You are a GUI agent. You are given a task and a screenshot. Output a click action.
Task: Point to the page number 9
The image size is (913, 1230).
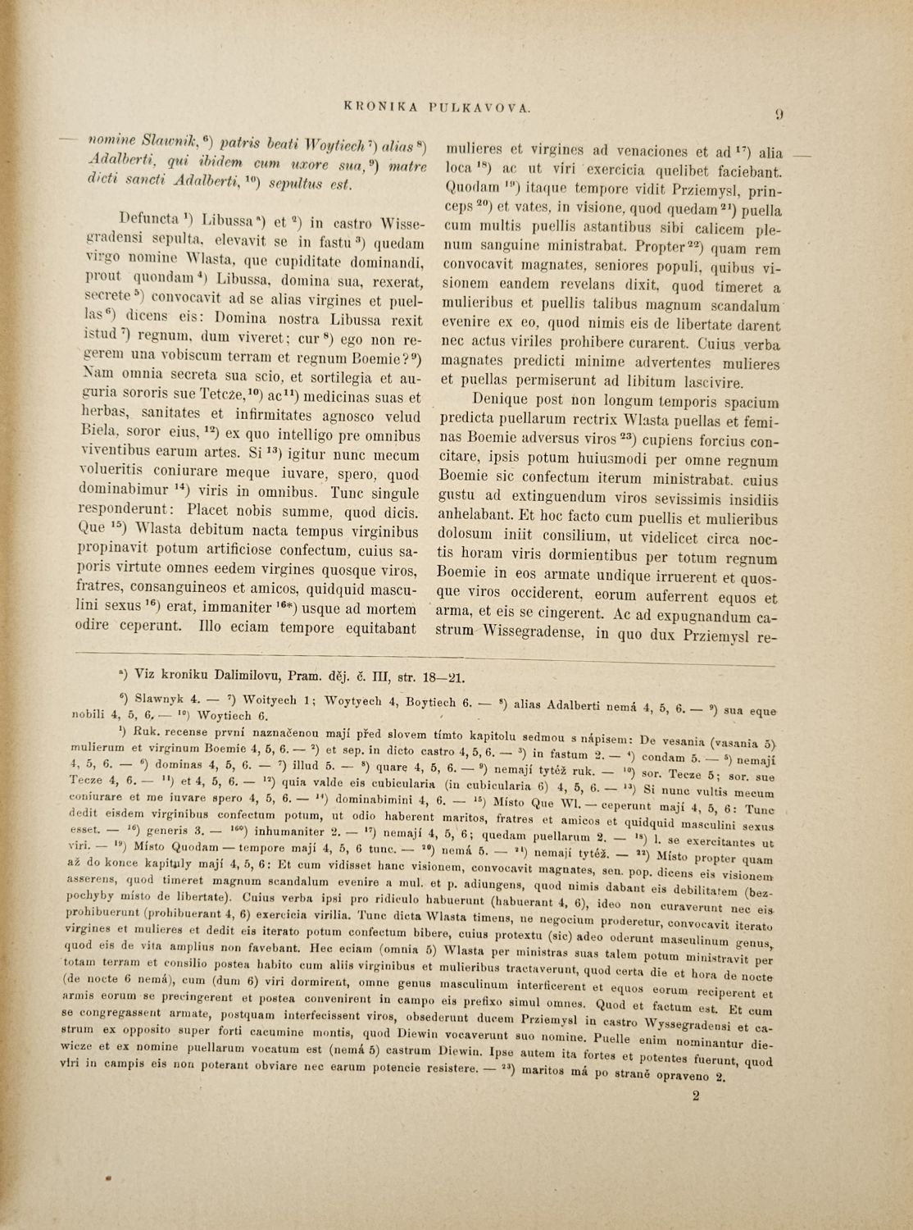point(779,115)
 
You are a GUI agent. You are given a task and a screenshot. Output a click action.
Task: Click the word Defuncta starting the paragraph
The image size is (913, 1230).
point(151,221)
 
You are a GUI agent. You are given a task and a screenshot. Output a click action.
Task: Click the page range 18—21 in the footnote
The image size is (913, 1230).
point(441,675)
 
